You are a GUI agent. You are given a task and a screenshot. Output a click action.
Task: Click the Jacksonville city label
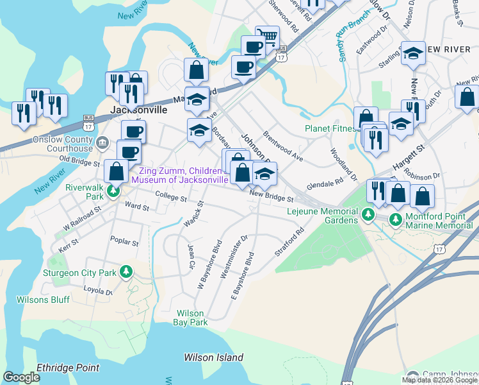(x=139, y=110)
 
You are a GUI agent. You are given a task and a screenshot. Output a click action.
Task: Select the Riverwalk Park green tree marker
(x=113, y=191)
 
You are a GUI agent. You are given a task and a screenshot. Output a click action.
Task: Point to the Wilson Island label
(x=213, y=357)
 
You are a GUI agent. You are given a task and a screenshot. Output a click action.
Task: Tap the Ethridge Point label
(x=68, y=368)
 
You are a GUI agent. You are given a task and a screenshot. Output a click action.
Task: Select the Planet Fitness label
(x=330, y=128)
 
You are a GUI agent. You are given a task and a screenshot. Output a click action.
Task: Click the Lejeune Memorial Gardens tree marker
(x=368, y=214)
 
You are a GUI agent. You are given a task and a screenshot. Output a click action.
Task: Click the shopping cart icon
(x=267, y=37)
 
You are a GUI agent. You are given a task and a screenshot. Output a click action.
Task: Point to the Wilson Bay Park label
(x=190, y=318)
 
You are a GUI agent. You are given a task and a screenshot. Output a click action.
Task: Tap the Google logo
(x=22, y=377)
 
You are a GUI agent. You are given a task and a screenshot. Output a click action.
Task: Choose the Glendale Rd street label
(x=325, y=183)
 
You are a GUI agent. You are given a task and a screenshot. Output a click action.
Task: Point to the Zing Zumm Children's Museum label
(x=181, y=175)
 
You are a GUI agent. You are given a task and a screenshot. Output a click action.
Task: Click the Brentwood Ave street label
(x=282, y=147)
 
